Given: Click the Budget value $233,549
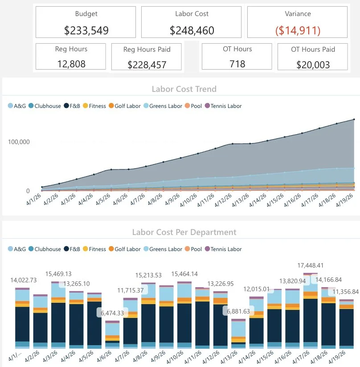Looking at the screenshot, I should point(86,30).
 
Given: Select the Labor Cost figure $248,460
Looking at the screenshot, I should point(192,30).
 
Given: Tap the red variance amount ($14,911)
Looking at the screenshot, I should point(298,30).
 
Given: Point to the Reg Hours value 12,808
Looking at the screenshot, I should point(71,63).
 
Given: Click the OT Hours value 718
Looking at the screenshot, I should point(237,63).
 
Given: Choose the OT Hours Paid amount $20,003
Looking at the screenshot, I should point(313,65).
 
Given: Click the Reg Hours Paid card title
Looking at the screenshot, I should point(147,49).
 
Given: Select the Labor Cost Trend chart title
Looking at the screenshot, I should point(184,89).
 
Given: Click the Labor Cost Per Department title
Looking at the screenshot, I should point(184,232).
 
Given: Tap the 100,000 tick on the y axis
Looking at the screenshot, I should point(19,142).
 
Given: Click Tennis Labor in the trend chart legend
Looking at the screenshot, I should point(226,106).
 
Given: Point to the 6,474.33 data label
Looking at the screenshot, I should point(112,313).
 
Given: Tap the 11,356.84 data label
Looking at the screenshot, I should point(343,292).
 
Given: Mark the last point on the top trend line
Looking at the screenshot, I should point(354,120).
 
